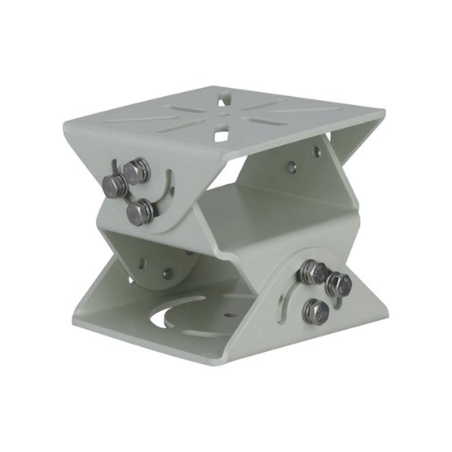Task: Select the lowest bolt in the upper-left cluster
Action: (x=141, y=212)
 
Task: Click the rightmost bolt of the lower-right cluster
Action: (x=338, y=285)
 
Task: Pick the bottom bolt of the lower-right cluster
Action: (x=315, y=311)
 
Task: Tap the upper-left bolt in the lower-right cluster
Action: (x=313, y=272)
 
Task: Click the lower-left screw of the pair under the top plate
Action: (x=292, y=167)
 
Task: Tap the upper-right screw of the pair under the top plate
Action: (x=318, y=151)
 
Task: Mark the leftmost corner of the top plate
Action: (x=64, y=125)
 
